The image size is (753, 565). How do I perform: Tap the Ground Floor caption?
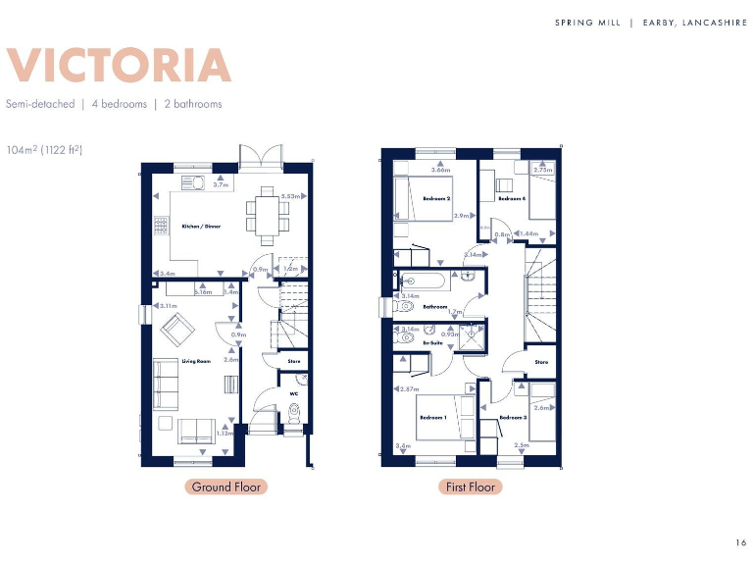tap(225, 487)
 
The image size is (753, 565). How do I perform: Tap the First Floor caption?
tap(470, 487)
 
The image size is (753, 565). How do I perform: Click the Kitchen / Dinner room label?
tap(201, 227)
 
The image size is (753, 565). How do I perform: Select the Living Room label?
tap(196, 361)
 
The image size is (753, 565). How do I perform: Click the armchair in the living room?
tap(177, 334)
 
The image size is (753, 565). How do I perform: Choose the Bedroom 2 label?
tap(436, 198)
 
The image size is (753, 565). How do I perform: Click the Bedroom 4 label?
tap(511, 198)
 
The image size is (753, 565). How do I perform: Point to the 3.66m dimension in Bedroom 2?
tap(440, 170)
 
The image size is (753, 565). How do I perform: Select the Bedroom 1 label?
tap(433, 418)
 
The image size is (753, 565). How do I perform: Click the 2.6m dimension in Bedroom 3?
tap(541, 407)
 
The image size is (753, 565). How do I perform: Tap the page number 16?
tap(740, 542)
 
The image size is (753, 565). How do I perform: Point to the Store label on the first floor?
tap(541, 362)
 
